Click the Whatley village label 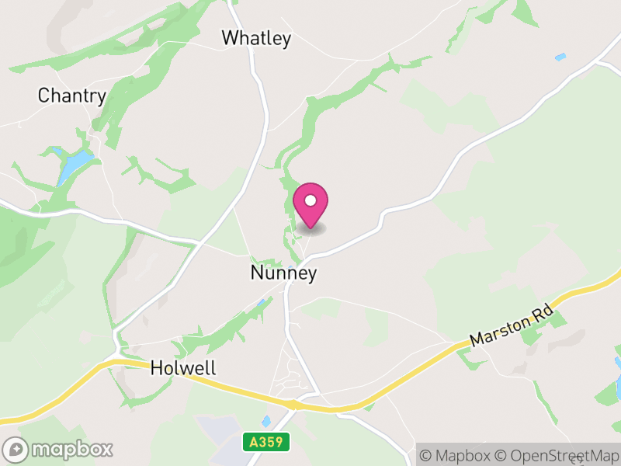click(x=255, y=37)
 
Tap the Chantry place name click(x=71, y=96)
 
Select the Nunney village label click(x=283, y=273)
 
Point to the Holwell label click(x=182, y=367)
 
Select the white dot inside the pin click(x=310, y=200)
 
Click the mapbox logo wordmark click(x=71, y=449)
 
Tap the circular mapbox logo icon click(x=16, y=449)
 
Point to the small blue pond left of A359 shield click(x=266, y=420)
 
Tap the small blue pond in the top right click(x=560, y=57)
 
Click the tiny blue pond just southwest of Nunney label click(x=262, y=302)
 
